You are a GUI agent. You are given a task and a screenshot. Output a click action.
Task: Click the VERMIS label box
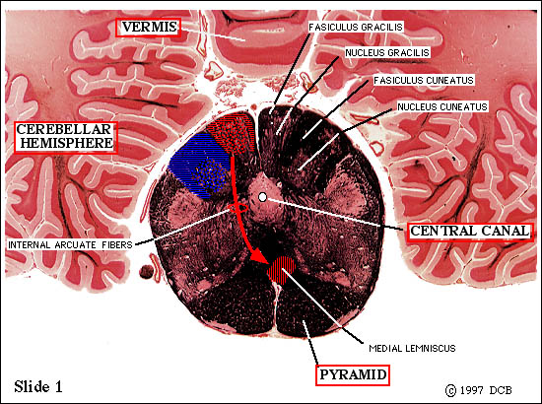point(148,28)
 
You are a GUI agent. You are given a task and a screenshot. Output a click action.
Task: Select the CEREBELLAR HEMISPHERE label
point(66,137)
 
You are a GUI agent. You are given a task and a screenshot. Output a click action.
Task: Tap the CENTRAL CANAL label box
point(470,232)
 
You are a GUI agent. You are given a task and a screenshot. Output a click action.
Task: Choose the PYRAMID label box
point(353,375)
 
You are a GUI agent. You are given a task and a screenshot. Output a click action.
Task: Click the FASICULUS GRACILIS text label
point(356,28)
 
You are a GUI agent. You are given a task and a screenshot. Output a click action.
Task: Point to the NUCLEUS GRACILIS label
point(387,53)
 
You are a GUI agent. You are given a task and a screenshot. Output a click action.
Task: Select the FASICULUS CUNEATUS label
point(424,81)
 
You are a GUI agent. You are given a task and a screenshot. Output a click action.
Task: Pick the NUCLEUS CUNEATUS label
point(442,106)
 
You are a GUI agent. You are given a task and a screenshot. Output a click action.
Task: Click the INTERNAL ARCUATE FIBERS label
point(71,245)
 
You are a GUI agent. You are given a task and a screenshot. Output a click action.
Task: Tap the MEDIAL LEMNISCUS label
point(412,348)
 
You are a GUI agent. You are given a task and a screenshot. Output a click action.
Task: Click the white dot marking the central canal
point(263,197)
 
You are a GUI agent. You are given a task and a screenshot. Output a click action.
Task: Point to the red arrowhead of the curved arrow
point(258,257)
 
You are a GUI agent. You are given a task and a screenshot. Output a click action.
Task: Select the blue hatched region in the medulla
point(199,166)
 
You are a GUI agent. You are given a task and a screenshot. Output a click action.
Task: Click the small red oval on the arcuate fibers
point(237,208)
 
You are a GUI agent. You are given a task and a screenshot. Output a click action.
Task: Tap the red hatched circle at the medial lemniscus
point(282,270)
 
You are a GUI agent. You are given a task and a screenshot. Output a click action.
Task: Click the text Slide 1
point(38,386)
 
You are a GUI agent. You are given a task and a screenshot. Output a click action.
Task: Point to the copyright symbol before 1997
point(450,390)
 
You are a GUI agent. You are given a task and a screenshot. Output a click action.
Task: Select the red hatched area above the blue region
point(233,133)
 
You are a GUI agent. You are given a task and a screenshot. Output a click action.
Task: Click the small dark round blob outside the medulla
point(146,272)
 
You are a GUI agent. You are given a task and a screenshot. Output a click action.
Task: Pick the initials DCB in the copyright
point(501,390)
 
